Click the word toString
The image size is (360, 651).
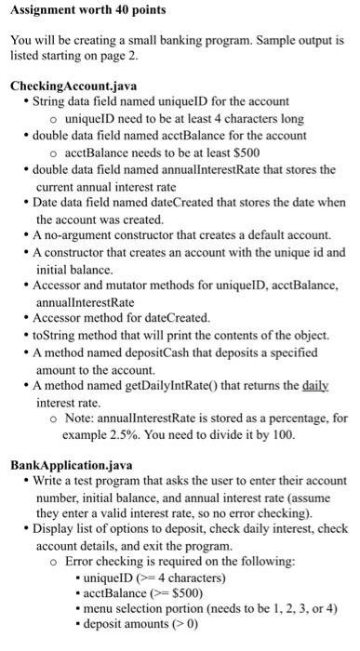point(51,336)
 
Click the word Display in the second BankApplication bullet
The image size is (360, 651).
point(53,528)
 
